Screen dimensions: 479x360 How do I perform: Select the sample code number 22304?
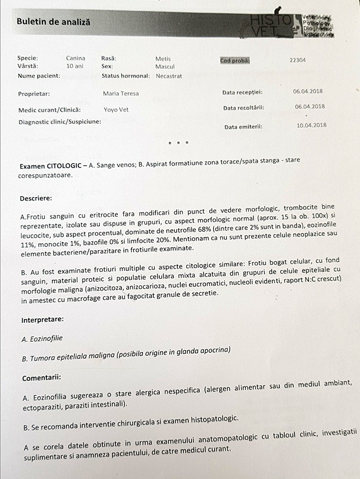[x=298, y=60]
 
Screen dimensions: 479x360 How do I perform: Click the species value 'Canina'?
[x=75, y=58]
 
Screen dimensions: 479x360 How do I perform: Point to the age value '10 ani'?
[x=75, y=66]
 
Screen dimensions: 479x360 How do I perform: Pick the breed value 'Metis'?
[x=163, y=58]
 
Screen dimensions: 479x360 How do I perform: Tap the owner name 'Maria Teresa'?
[x=121, y=93]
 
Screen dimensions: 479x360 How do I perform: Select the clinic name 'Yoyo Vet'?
[x=115, y=110]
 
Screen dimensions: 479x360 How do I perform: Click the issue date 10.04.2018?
[x=311, y=125]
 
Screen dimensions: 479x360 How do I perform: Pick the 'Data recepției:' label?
[x=243, y=92]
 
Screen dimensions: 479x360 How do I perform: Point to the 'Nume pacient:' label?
[x=39, y=76]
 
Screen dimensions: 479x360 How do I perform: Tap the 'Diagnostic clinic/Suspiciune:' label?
[x=60, y=121]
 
